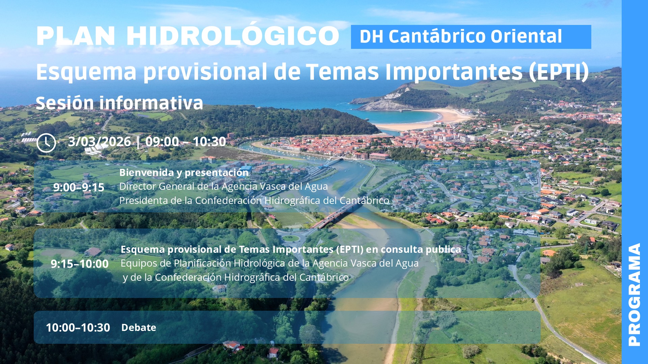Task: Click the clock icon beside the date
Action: pos(46,143)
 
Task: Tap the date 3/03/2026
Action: pos(100,142)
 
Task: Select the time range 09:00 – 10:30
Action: pos(186,142)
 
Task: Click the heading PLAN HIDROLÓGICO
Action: pos(188,36)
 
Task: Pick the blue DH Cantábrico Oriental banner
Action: pos(471,37)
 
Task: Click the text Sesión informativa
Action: pos(119,103)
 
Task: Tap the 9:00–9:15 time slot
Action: pos(79,187)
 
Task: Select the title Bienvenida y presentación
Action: pos(184,172)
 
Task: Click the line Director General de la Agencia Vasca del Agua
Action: pos(223,186)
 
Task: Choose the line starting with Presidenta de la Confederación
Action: pos(254,201)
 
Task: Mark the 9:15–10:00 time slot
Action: pos(80,264)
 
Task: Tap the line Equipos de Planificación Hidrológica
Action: pos(269,263)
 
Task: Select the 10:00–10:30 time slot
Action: pos(78,327)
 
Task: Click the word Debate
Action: pos(139,327)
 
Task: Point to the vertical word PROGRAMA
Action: pos(634,295)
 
